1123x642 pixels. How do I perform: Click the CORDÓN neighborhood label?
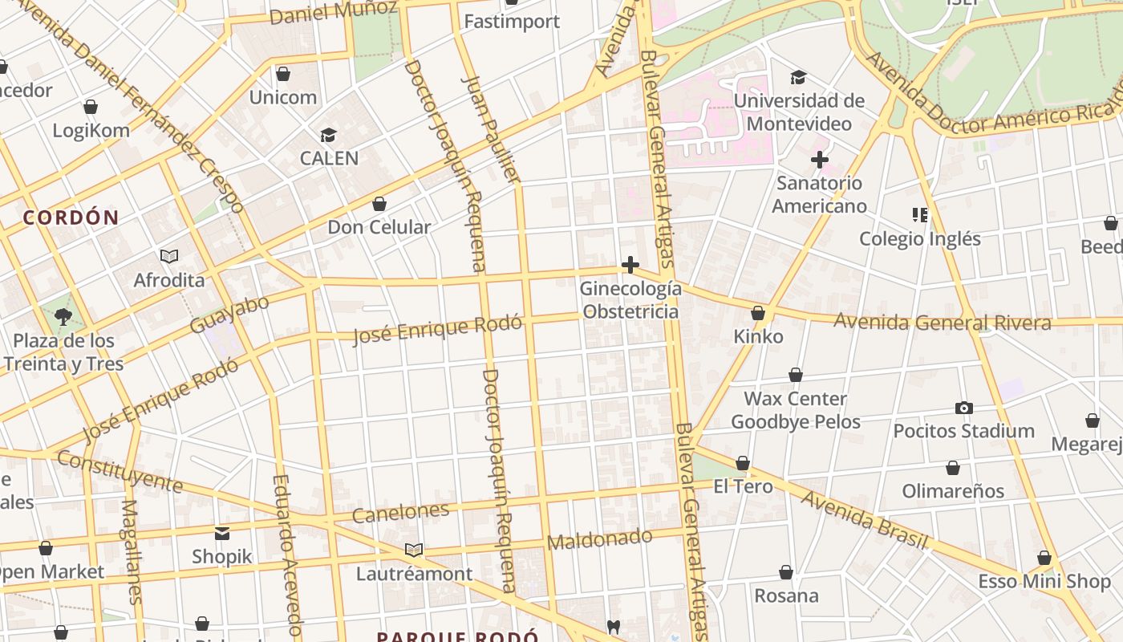pos(71,217)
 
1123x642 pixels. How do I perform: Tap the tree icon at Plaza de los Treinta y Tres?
pos(63,317)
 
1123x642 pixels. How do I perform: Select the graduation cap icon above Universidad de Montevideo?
pos(798,78)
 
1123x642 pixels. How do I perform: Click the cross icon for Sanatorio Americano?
pos(819,160)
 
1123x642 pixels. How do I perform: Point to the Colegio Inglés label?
pos(919,238)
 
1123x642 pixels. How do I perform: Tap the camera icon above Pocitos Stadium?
pos(964,408)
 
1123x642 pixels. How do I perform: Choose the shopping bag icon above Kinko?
pos(758,313)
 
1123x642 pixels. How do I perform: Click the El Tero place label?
pos(743,486)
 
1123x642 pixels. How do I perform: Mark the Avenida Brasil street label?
pos(864,520)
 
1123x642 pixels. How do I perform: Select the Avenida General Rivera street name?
pos(943,323)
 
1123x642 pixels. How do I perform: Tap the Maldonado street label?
pos(599,539)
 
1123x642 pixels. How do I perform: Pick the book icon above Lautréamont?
pos(414,550)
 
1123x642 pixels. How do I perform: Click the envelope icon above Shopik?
pos(222,533)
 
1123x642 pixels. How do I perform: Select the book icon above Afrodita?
pos(169,256)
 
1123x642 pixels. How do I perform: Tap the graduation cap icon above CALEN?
pos(328,135)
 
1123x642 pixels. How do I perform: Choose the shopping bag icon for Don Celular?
pos(379,204)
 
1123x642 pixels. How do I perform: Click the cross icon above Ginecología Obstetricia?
pos(630,265)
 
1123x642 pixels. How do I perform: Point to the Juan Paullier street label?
pos(492,128)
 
